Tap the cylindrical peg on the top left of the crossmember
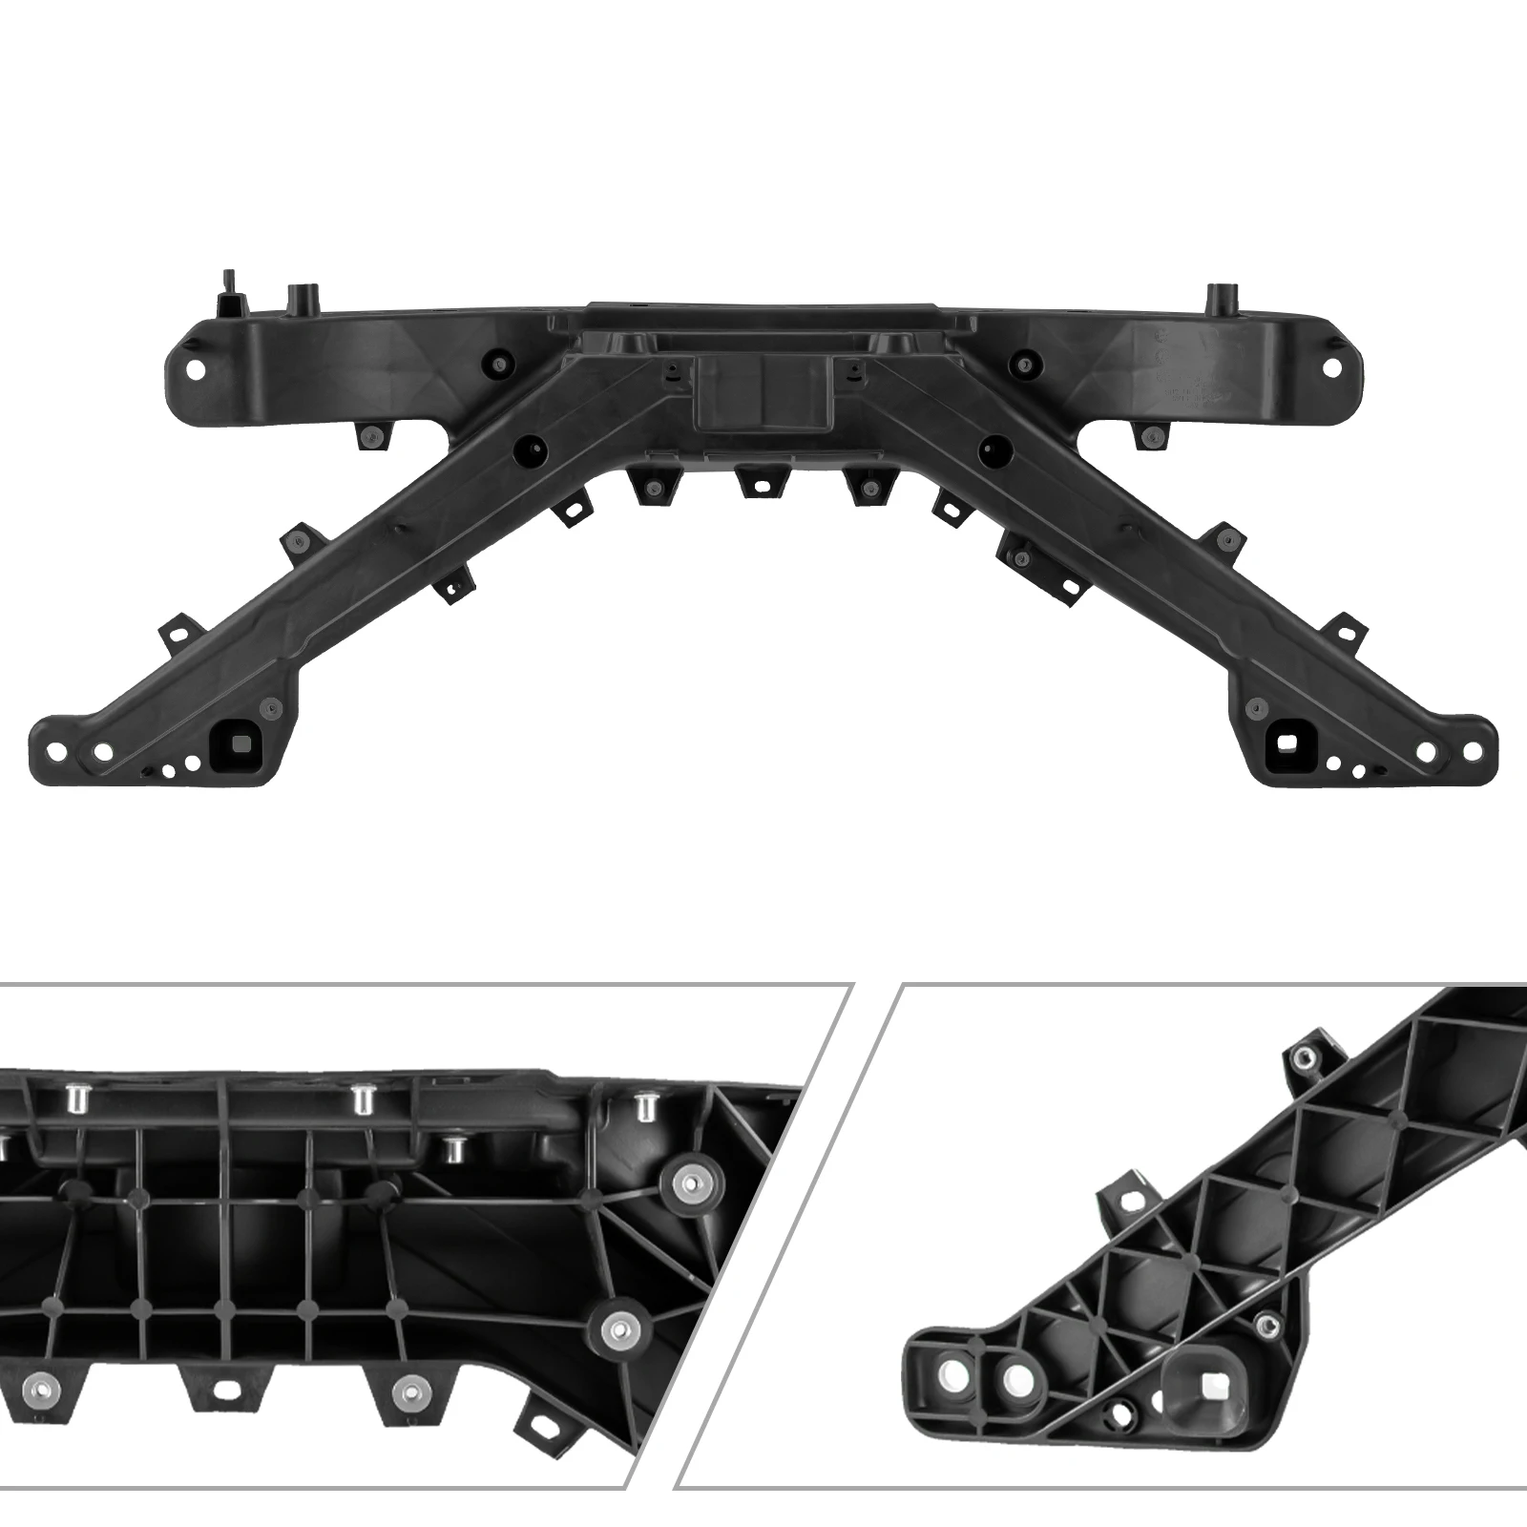[303, 299]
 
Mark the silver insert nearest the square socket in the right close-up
[1266, 1323]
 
